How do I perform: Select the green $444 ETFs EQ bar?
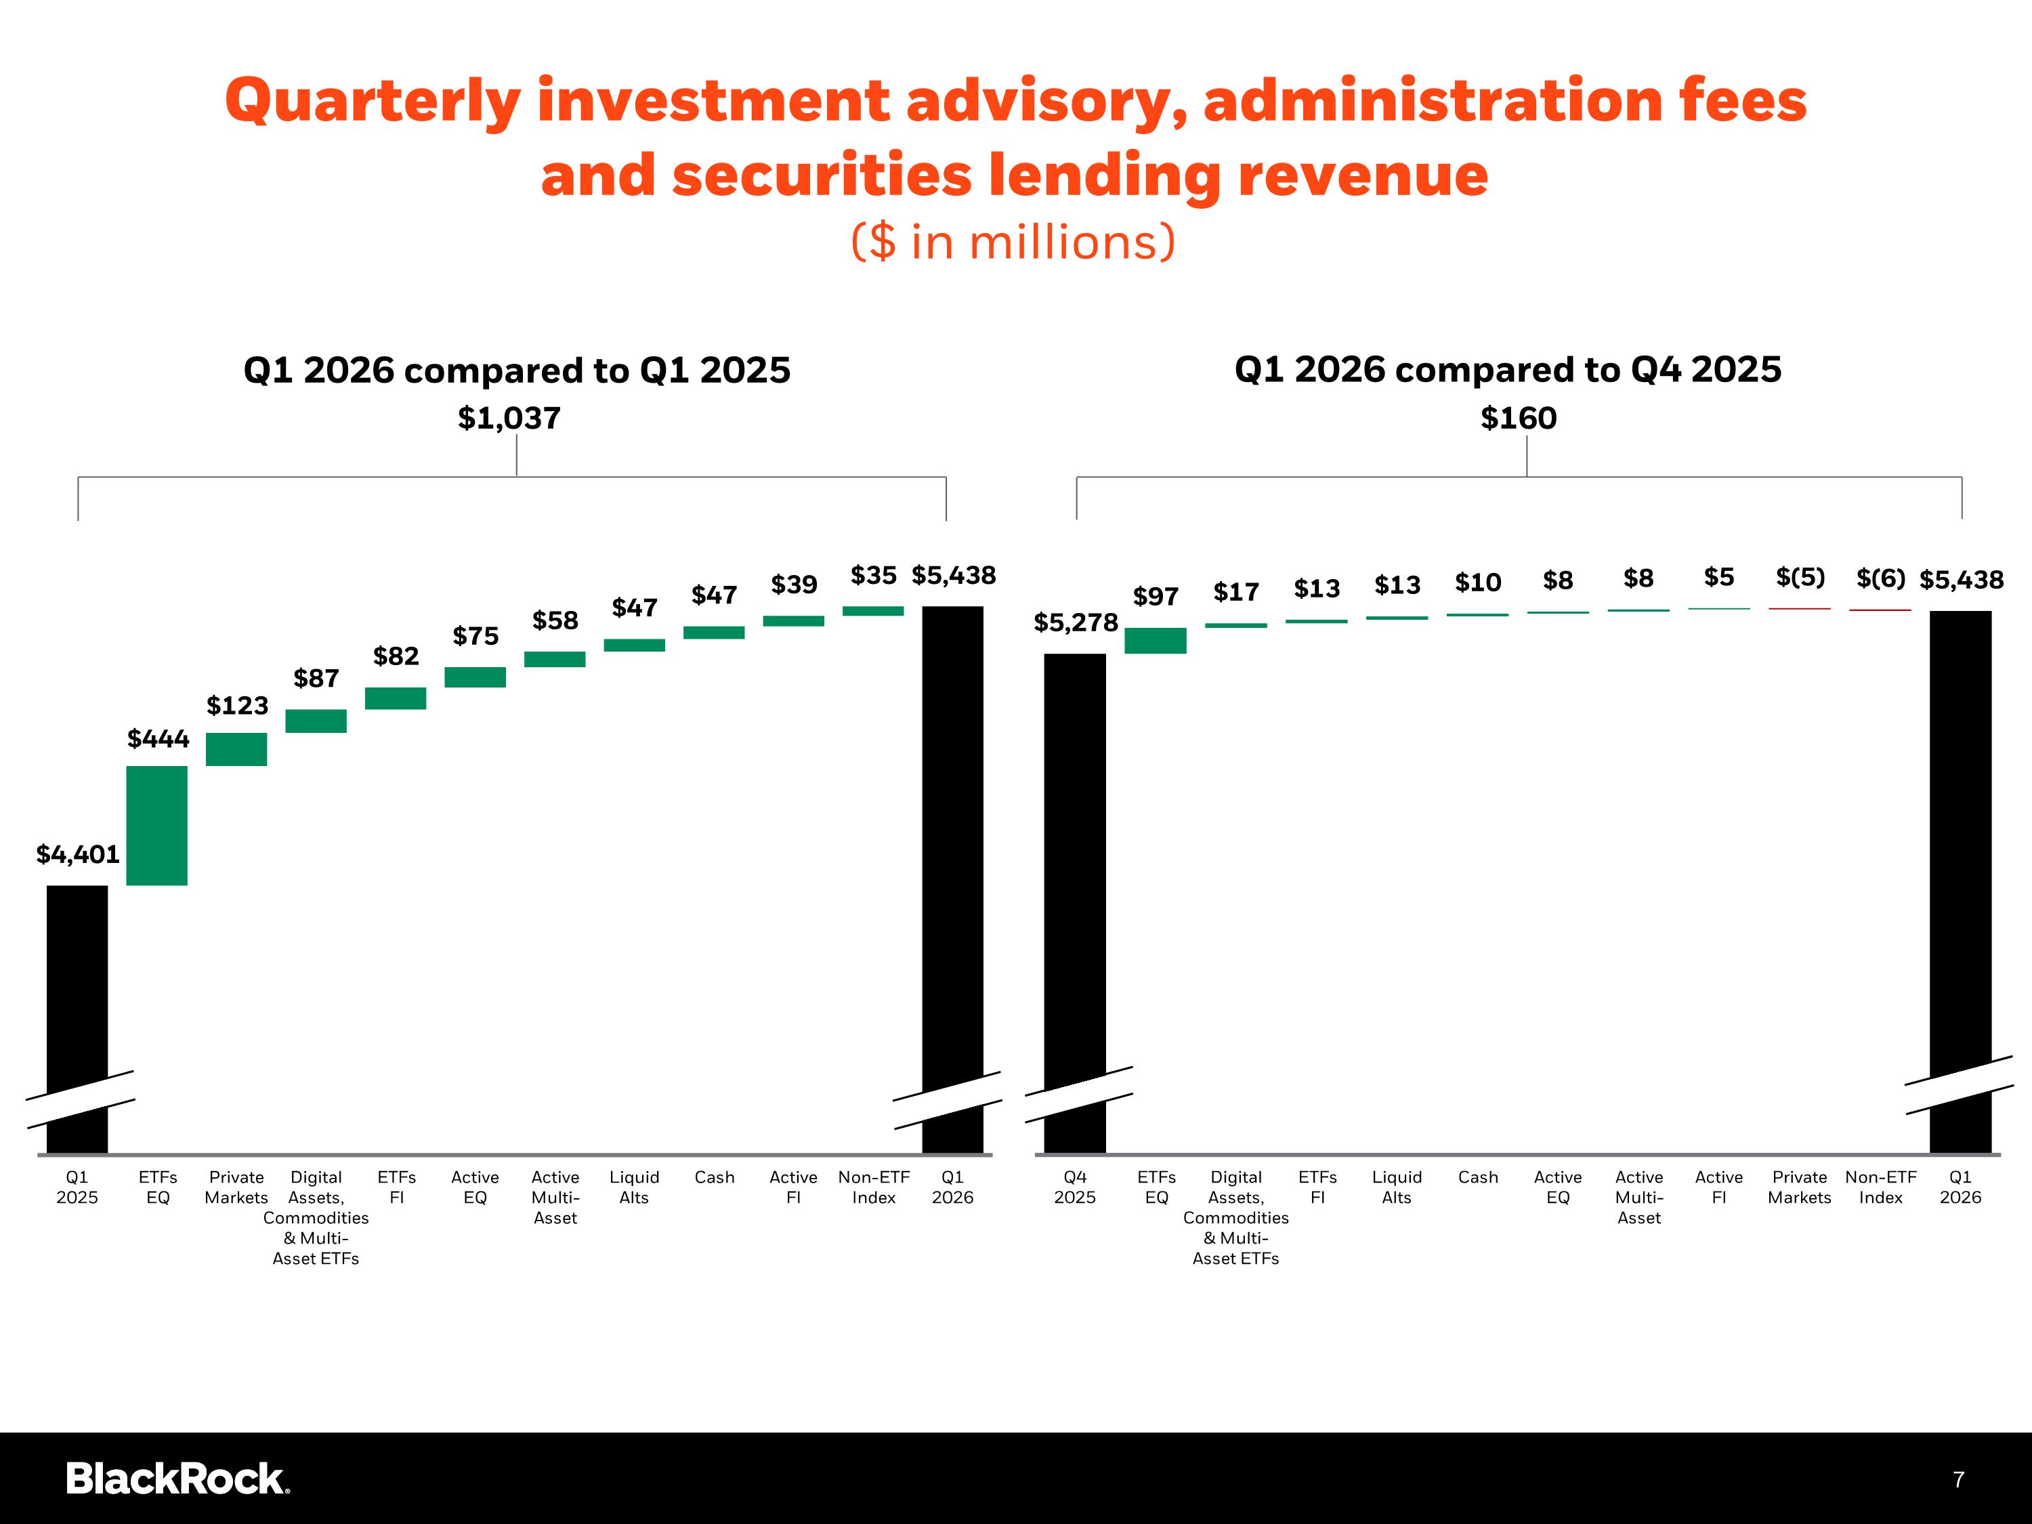pyautogui.click(x=157, y=825)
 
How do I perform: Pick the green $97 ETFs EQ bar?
pyautogui.click(x=1156, y=640)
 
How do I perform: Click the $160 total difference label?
pyautogui.click(x=1519, y=419)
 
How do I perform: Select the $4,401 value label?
pyautogui.click(x=78, y=854)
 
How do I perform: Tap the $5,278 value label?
pyautogui.click(x=1076, y=623)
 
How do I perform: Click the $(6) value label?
pyautogui.click(x=1880, y=578)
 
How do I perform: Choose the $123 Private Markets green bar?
pyautogui.click(x=236, y=748)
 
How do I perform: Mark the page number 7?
pyautogui.click(x=1957, y=1479)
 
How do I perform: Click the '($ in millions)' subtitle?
pyautogui.click(x=1013, y=242)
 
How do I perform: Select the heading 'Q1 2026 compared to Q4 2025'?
pyautogui.click(x=1508, y=369)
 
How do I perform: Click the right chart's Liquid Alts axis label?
pyautogui.click(x=1396, y=1187)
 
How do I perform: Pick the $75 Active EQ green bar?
pyautogui.click(x=475, y=677)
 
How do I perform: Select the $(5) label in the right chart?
pyautogui.click(x=1800, y=577)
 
